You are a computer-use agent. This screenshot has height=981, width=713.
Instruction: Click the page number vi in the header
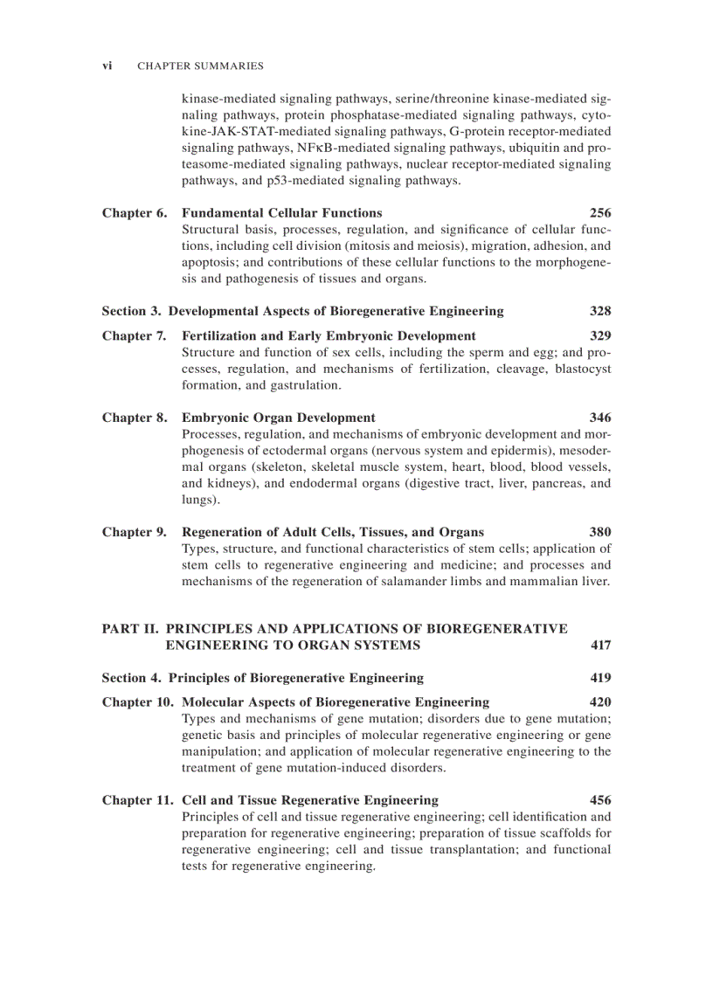point(107,66)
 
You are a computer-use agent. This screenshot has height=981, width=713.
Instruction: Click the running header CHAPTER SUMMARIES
point(200,66)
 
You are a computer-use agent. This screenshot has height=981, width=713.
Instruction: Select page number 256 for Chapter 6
point(600,213)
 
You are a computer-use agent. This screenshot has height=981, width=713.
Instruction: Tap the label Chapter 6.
point(134,213)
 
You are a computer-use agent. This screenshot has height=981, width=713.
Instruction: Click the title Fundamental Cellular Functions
point(281,213)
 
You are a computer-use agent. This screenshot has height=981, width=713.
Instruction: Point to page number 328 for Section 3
point(600,311)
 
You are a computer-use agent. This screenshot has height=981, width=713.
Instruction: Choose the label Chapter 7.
point(134,336)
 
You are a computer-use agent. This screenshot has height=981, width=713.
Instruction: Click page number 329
point(600,336)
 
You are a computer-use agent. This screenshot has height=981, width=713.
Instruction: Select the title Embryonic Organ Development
point(278,418)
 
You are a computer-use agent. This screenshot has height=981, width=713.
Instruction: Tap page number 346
point(600,418)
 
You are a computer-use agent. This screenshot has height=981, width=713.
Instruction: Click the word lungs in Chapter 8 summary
point(198,500)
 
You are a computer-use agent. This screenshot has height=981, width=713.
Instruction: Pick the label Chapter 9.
point(134,533)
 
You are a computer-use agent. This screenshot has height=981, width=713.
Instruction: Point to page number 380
point(600,533)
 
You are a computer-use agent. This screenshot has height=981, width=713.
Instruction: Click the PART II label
point(131,629)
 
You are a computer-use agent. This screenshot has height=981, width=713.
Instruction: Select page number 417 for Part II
point(600,646)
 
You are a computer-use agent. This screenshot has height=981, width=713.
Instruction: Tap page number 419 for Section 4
point(600,678)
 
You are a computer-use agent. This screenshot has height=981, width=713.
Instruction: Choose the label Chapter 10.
point(137,702)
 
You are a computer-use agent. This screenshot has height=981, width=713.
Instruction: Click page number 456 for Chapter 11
point(600,800)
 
